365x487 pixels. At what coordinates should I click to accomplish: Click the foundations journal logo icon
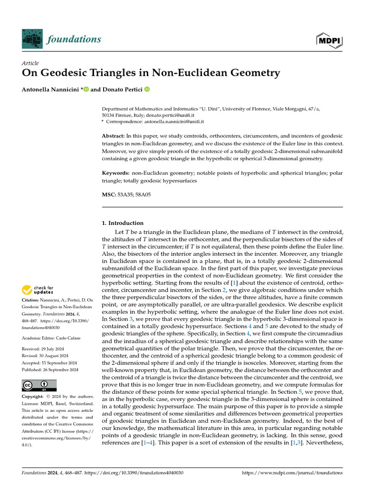pos(32,39)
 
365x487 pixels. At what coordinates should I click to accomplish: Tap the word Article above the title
pos(30,63)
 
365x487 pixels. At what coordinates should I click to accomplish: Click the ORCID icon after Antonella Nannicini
pos(86,89)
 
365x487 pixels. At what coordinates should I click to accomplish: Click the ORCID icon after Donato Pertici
pos(147,89)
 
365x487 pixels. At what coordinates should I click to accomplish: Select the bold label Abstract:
pos(116,136)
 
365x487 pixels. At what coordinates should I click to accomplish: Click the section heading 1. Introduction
pos(123,223)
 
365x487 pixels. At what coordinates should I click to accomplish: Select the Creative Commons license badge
pos(39,385)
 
